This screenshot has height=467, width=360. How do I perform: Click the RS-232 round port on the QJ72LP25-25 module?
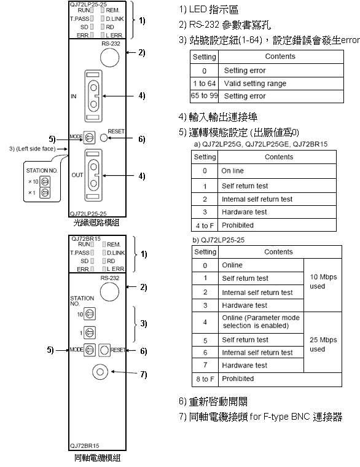(109, 58)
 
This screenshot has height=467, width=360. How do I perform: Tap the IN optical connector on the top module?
(93, 96)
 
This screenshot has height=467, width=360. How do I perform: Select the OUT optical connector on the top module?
(93, 175)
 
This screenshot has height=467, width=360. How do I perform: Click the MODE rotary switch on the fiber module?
(89, 138)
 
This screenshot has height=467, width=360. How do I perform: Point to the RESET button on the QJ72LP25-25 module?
(104, 138)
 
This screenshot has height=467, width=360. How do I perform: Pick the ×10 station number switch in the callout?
(45, 181)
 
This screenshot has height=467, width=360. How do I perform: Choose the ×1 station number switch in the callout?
(45, 193)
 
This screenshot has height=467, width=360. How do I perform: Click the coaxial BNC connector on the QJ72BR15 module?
(100, 372)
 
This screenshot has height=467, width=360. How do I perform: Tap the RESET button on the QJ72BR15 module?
(104, 350)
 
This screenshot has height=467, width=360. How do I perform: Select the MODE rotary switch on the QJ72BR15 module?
(90, 350)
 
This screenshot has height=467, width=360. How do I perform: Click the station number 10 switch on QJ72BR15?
(90, 314)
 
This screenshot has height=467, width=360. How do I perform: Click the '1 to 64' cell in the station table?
(205, 84)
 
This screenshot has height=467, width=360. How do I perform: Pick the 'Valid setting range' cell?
(281, 84)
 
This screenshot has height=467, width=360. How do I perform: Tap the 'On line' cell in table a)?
(277, 171)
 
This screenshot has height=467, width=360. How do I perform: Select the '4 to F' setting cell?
(205, 225)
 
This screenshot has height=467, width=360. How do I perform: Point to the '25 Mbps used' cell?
(323, 344)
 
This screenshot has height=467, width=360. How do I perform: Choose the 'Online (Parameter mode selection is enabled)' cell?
(261, 322)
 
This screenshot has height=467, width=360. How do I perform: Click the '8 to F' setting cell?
(205, 379)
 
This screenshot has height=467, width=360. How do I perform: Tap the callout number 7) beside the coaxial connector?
(144, 374)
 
